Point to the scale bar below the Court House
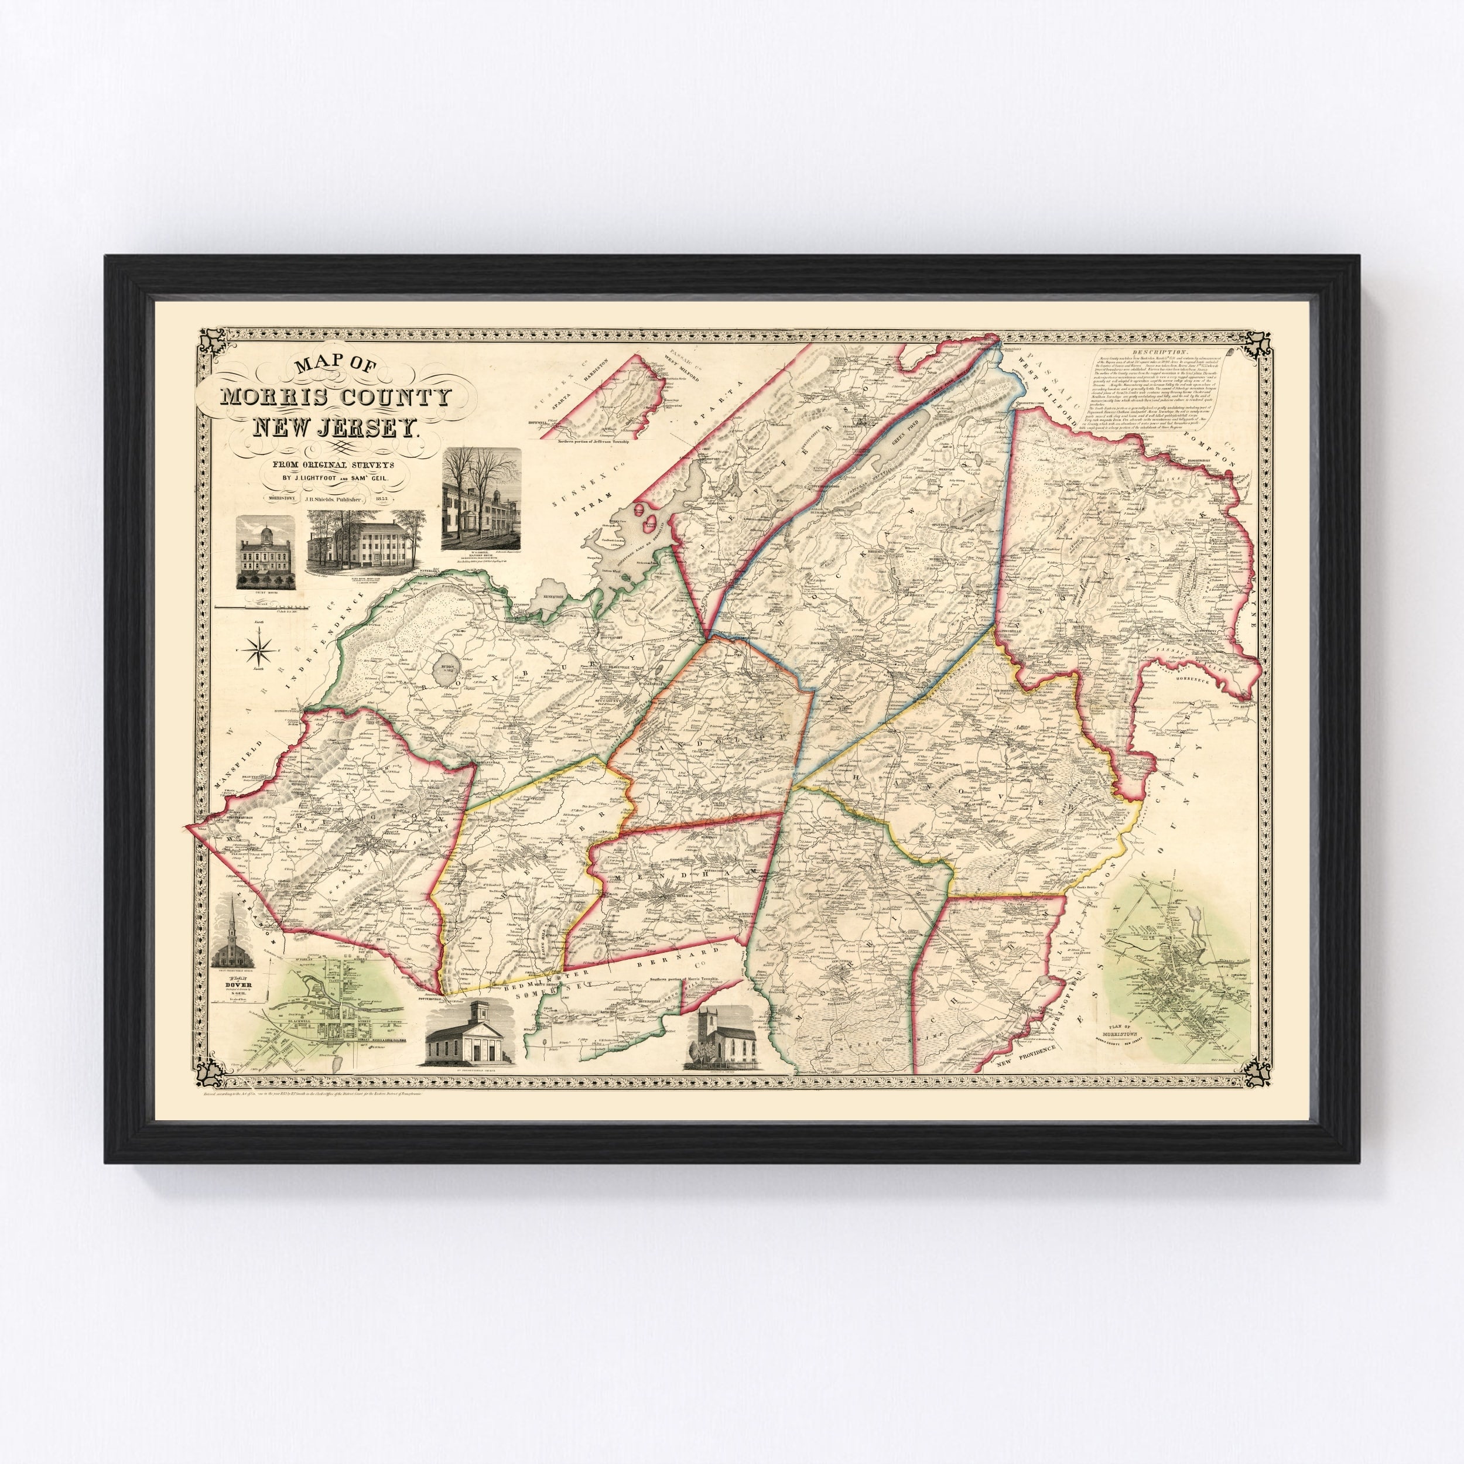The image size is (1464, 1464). pyautogui.click(x=265, y=606)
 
